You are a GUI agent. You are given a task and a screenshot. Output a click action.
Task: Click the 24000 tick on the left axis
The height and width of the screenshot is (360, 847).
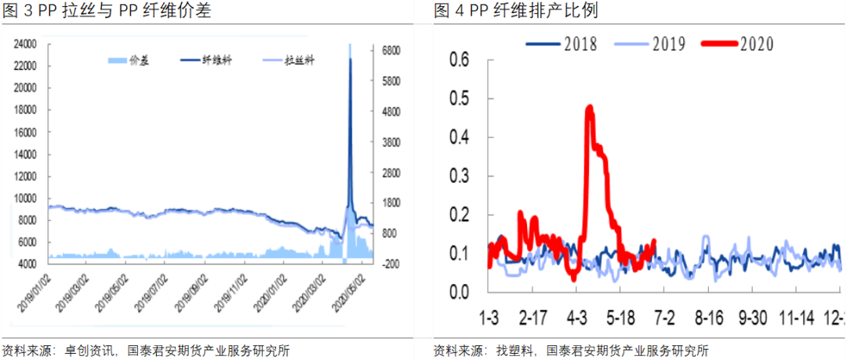(26, 45)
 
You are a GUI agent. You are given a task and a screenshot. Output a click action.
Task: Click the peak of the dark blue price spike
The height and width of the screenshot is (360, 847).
(350, 60)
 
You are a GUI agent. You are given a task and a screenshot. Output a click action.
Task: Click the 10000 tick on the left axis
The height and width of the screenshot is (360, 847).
(26, 199)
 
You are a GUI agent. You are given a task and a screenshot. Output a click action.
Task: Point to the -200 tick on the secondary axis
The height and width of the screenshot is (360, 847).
(390, 265)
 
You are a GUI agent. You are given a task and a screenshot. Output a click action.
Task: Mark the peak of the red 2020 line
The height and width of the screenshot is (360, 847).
(589, 107)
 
